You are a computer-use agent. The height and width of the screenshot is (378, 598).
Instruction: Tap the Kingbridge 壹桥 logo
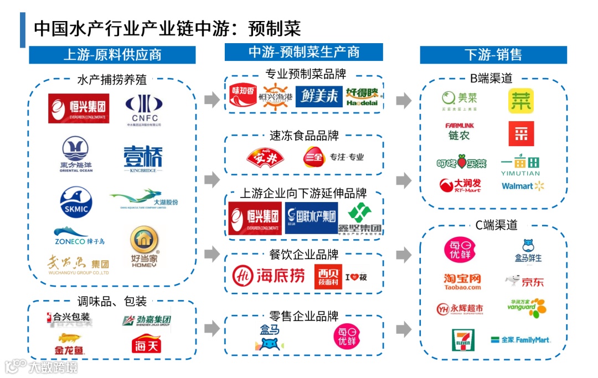click(x=143, y=158)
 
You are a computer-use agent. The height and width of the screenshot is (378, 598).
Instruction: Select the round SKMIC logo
click(x=75, y=202)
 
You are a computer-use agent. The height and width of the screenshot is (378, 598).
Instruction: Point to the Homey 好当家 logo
click(x=143, y=247)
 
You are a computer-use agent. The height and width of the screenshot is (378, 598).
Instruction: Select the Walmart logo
click(x=523, y=186)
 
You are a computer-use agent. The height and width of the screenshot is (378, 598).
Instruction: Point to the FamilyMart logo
click(x=520, y=340)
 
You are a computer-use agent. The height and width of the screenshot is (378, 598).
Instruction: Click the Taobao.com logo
click(x=462, y=281)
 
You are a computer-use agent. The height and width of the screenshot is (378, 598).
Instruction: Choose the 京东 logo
click(x=524, y=281)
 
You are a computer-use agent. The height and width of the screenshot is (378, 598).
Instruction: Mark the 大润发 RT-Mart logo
click(x=460, y=185)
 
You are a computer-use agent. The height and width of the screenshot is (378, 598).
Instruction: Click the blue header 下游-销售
click(x=493, y=55)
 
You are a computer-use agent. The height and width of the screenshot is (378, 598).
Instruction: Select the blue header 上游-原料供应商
click(x=112, y=55)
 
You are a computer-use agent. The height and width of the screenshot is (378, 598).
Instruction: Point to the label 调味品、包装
click(x=112, y=301)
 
